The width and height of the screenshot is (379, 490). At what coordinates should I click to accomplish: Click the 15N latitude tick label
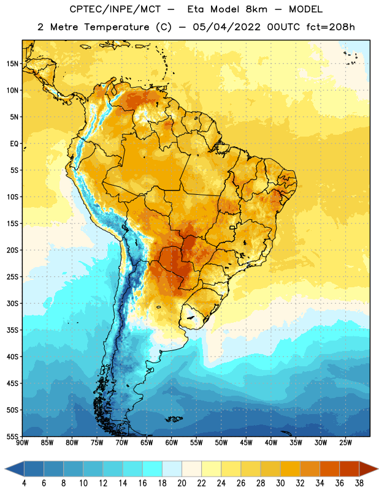click(x=12, y=64)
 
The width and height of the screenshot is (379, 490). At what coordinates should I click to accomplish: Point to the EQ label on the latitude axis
click(x=14, y=144)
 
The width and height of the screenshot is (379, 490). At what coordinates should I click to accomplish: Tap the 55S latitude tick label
click(x=12, y=436)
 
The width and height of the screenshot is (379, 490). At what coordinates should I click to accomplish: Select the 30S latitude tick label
click(x=12, y=303)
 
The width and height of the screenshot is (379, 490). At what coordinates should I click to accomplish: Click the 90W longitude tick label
click(x=22, y=443)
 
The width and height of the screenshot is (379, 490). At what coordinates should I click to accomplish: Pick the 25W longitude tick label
click(x=346, y=443)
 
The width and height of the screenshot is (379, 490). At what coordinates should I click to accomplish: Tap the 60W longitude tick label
click(x=172, y=443)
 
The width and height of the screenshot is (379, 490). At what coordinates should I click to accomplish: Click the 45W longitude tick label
click(x=247, y=443)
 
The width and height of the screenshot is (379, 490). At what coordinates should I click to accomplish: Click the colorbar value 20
click(x=182, y=483)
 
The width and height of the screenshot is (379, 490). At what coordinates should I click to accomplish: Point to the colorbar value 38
click(x=359, y=483)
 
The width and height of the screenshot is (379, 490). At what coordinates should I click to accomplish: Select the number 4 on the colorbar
click(x=25, y=483)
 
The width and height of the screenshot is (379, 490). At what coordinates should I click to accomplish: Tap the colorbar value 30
click(x=280, y=483)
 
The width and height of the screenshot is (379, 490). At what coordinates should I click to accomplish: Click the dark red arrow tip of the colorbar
click(x=378, y=469)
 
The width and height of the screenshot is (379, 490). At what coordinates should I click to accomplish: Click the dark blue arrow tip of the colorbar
click(x=6, y=469)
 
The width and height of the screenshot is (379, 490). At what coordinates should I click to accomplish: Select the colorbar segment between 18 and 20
click(x=172, y=469)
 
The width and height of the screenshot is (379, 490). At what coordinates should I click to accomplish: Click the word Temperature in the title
click(x=117, y=27)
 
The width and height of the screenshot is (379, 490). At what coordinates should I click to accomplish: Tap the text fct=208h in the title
click(x=331, y=27)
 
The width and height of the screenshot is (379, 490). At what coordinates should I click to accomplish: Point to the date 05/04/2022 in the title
click(x=226, y=27)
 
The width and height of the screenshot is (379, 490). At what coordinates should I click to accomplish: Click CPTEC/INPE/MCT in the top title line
click(x=115, y=9)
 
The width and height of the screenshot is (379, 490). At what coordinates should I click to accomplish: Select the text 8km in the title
click(x=256, y=9)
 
